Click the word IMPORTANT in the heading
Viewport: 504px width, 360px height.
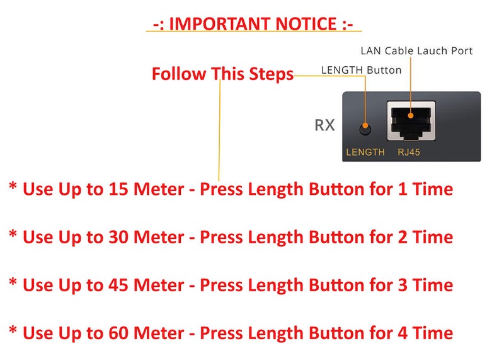pos(219,24)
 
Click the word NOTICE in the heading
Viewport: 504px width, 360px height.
pos(306,24)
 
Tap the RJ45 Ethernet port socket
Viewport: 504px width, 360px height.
pos(411,121)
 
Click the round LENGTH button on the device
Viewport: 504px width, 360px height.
pos(365,129)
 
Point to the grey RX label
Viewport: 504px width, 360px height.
pos(324,125)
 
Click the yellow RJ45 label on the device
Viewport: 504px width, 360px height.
pos(409,152)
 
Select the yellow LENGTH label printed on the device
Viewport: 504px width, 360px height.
pos(365,152)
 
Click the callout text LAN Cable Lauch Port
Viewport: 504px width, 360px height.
pos(416,51)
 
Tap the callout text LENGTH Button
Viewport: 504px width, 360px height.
pos(361,70)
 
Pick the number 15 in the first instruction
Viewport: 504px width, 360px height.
pos(118,189)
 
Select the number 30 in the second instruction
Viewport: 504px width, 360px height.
pos(118,237)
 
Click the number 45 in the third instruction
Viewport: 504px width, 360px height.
pos(118,285)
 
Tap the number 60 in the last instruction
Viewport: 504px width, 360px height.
pos(118,333)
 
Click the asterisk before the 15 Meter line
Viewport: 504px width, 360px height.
pos(13,186)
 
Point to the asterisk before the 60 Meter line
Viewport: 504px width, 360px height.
pos(13,330)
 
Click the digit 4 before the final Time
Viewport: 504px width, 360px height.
pos(403,333)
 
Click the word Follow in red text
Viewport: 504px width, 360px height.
pos(179,74)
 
